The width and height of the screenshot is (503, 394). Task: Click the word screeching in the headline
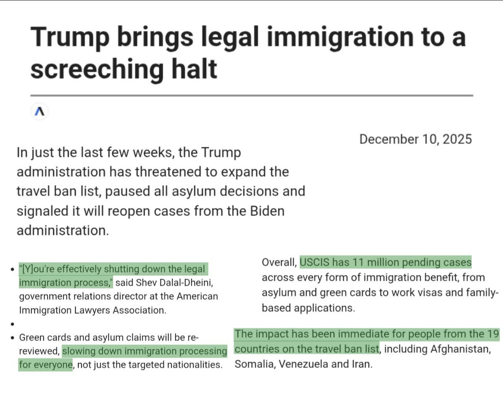click(97, 69)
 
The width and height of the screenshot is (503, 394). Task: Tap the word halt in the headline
click(194, 69)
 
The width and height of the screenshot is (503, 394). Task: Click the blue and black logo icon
click(39, 112)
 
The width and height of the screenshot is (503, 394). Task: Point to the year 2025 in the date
click(457, 139)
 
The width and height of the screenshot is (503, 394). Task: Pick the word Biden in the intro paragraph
click(267, 211)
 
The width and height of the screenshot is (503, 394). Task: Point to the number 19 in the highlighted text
click(493, 334)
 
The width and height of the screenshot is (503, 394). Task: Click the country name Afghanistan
click(460, 349)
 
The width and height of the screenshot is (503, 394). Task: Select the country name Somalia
click(254, 364)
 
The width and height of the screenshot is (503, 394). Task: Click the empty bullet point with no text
click(13, 324)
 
